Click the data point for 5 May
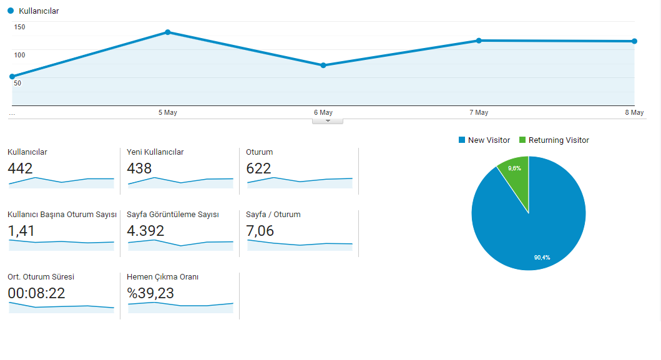tap(168, 32)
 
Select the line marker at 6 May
tap(323, 66)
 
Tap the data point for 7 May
tap(479, 41)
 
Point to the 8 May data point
tap(634, 41)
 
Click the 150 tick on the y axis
tap(19, 27)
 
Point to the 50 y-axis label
tap(17, 83)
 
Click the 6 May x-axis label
tap(323, 112)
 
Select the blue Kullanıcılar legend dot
tap(11, 11)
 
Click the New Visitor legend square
tap(462, 140)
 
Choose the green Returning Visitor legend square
tap(522, 140)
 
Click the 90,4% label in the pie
tap(542, 258)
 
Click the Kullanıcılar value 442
tap(20, 168)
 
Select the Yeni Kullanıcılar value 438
tap(139, 168)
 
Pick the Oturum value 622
tap(258, 168)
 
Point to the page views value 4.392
tap(145, 231)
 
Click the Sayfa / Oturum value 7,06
tap(260, 231)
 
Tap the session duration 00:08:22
tap(37, 293)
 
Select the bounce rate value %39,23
tap(150, 293)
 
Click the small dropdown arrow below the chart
tap(328, 121)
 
